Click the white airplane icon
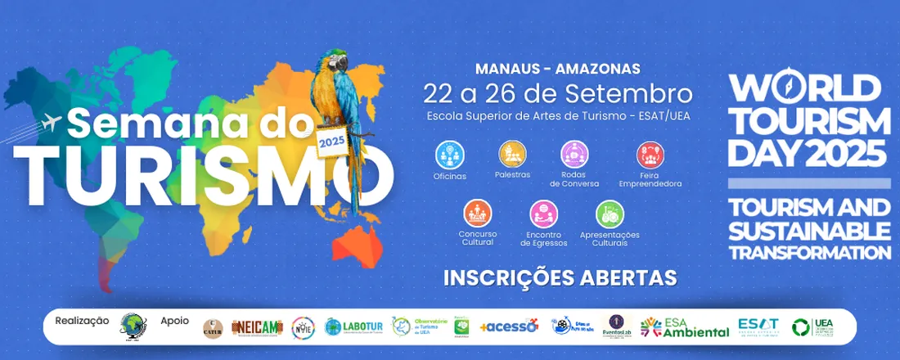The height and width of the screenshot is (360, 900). [50, 123]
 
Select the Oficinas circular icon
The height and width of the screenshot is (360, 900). [449, 154]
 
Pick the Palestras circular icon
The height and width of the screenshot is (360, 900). [512, 154]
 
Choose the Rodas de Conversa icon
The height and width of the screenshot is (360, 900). [574, 154]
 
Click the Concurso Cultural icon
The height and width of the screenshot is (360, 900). [477, 214]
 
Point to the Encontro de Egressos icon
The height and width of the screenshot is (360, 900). [543, 214]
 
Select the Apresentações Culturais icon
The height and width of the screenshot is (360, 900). [610, 214]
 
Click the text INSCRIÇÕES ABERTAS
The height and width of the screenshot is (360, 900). [560, 277]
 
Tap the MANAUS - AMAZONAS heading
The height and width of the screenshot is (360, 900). [558, 69]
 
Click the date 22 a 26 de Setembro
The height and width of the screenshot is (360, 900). [558, 92]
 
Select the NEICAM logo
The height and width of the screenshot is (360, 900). [257, 326]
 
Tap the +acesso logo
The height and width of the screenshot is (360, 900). [508, 326]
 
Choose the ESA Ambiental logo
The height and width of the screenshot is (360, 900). [685, 326]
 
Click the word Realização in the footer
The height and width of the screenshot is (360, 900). [82, 320]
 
